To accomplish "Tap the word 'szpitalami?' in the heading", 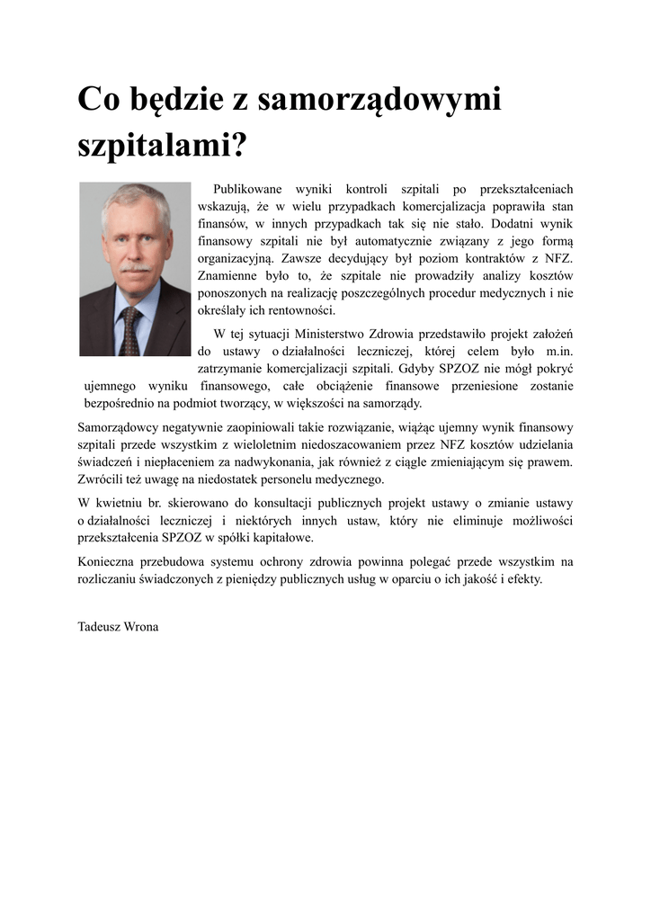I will pyautogui.click(x=162, y=144).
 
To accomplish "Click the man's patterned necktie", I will pyautogui.click(x=131, y=329).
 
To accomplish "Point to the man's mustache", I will pyautogui.click(x=136, y=267).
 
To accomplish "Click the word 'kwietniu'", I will pyautogui.click(x=121, y=503).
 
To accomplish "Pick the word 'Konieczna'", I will pyautogui.click(x=106, y=562).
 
